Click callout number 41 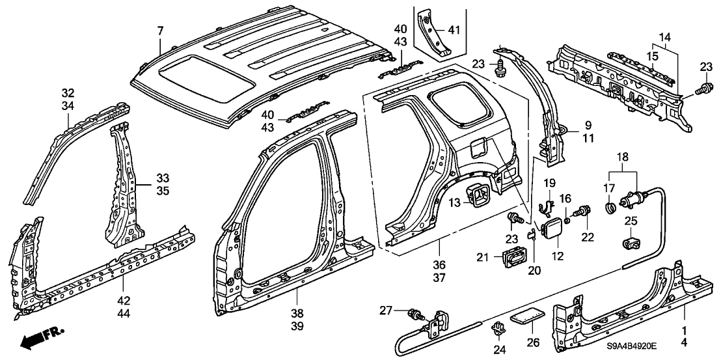[x=454, y=29]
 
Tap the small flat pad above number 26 [x=525, y=316]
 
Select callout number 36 [x=439, y=266]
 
